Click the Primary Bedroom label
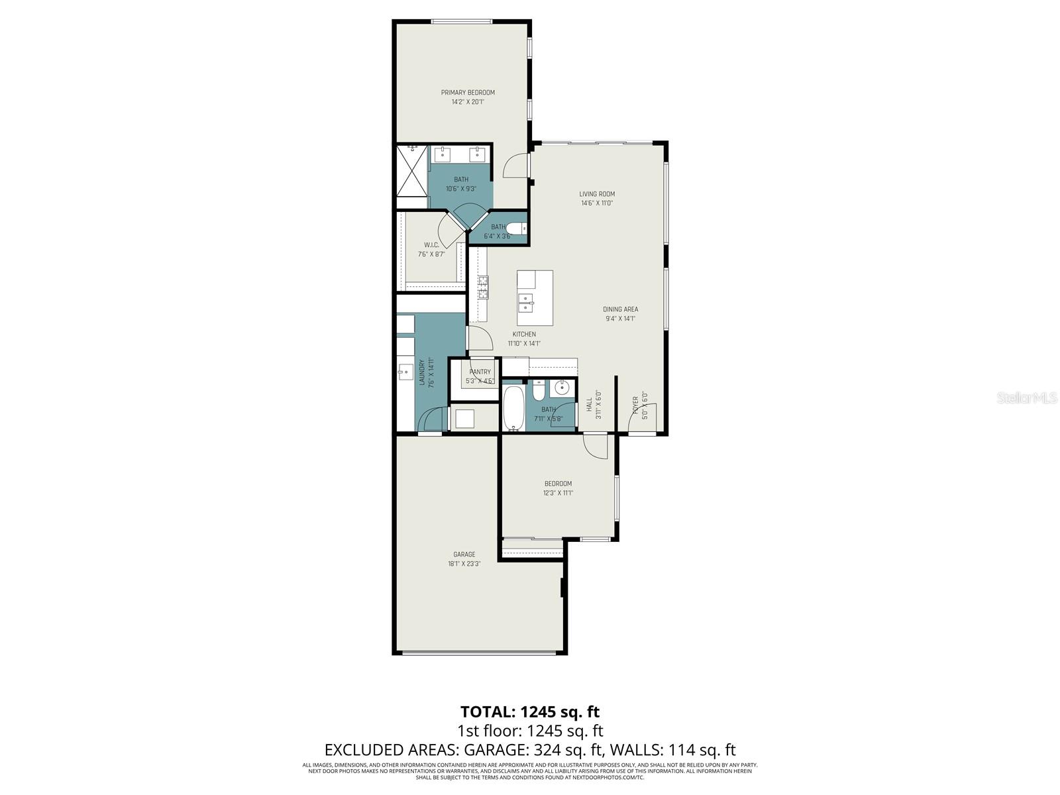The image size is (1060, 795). (468, 92)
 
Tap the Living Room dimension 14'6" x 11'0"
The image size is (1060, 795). (596, 203)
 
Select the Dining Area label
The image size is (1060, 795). (620, 309)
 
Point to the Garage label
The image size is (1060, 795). (464, 555)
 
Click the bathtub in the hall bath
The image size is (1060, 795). (513, 407)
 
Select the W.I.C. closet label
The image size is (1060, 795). (431, 244)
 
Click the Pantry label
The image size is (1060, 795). (480, 372)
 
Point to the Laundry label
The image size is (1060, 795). (421, 372)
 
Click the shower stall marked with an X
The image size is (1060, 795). (412, 170)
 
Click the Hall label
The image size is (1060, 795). (588, 405)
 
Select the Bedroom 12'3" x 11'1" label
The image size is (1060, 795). (558, 484)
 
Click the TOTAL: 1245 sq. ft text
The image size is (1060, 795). (530, 712)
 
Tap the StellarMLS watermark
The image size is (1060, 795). (1028, 397)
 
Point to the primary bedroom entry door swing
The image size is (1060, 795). (516, 166)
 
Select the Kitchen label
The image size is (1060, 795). (524, 335)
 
